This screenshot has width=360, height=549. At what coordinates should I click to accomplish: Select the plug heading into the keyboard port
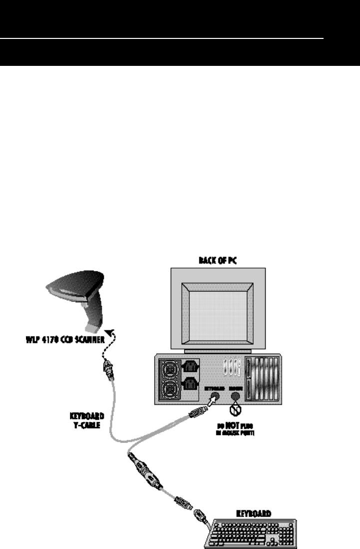(197, 413)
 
